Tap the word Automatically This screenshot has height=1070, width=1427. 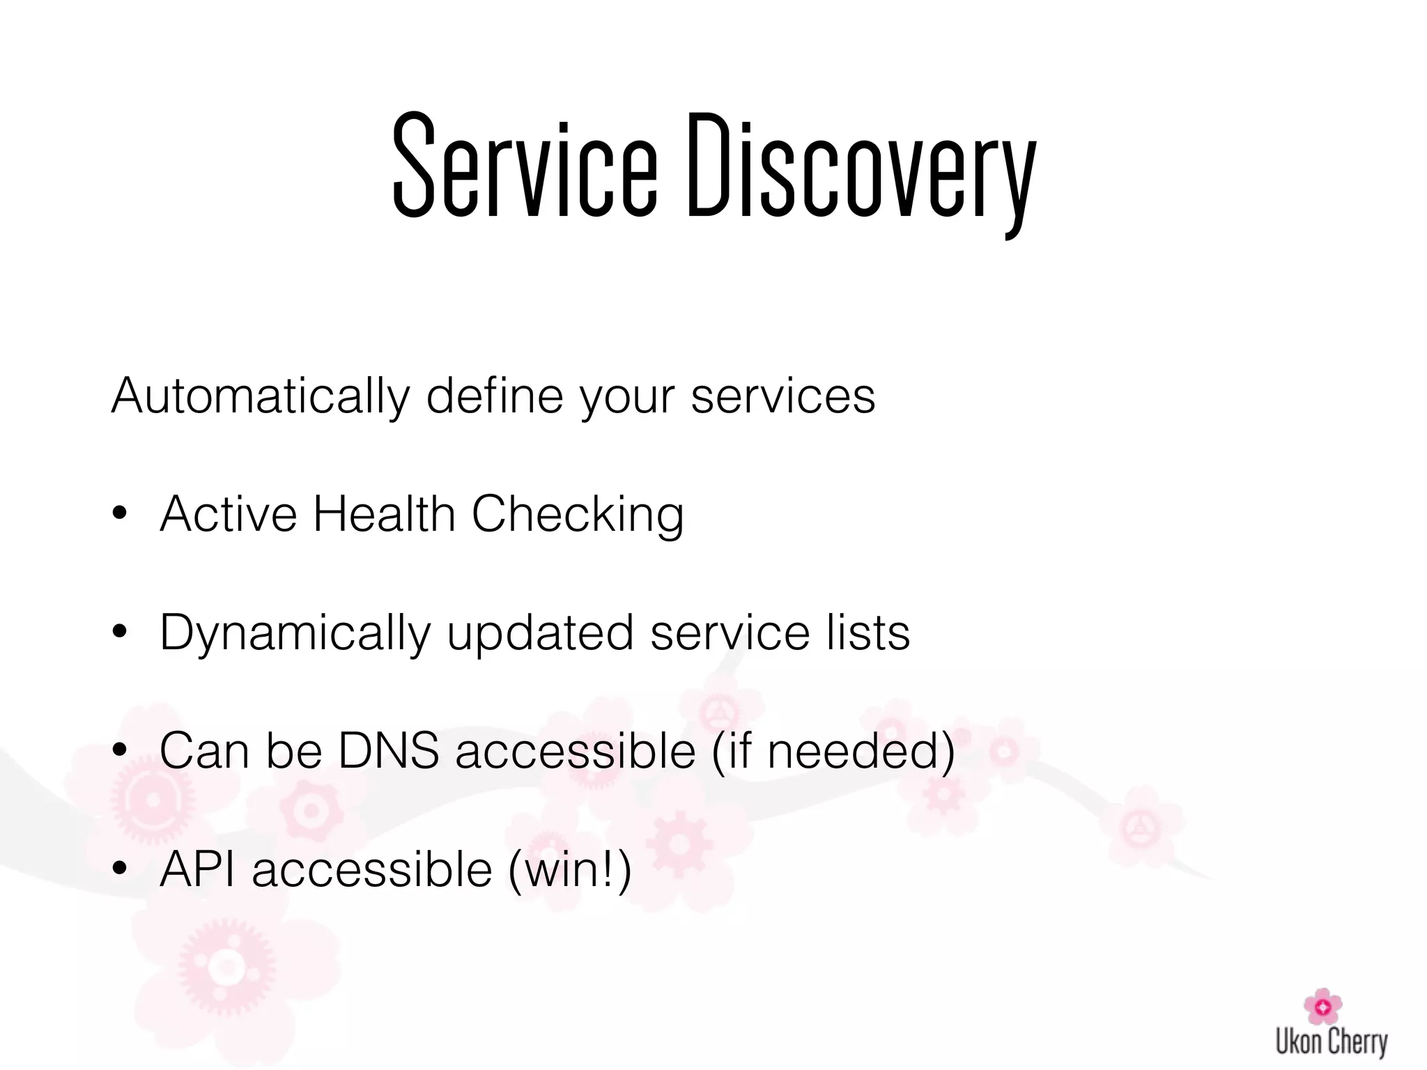coord(260,396)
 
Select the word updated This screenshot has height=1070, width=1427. coord(540,633)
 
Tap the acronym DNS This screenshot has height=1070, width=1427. coord(388,751)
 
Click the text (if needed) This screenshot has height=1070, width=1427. coord(833,752)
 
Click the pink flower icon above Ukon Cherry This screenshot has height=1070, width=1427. coord(1322,1006)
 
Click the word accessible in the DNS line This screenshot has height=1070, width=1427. coord(576,751)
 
